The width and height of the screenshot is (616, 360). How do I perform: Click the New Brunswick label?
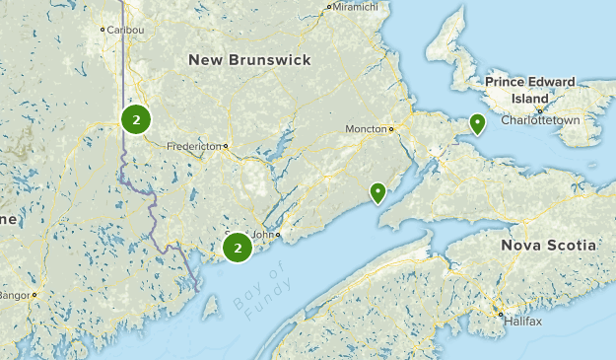[x=249, y=60]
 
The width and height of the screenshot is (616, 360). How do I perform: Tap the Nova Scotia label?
[x=548, y=245]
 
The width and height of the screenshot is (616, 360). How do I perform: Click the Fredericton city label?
[x=194, y=146]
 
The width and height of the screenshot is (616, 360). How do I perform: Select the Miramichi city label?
[x=355, y=7]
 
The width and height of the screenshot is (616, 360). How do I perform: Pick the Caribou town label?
[x=126, y=30]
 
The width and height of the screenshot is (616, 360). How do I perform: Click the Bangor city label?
[x=14, y=294]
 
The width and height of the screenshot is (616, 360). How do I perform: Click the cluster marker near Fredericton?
[x=136, y=120]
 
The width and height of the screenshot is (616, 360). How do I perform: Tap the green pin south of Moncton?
[x=377, y=192]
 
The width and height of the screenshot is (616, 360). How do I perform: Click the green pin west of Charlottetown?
[x=478, y=123]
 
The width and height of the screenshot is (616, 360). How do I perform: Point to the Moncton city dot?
[x=391, y=128]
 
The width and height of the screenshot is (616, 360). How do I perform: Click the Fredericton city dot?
[x=226, y=146]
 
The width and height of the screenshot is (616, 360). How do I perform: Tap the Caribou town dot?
[x=103, y=30]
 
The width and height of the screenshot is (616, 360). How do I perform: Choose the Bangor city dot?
[x=34, y=294]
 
